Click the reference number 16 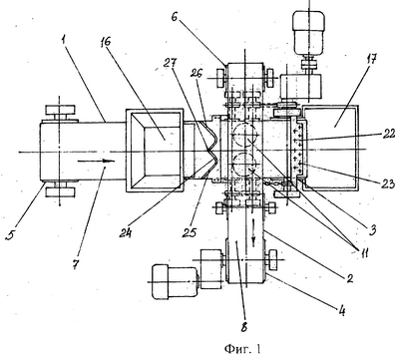[x=106, y=43]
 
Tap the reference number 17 [x=371, y=60]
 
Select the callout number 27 [x=171, y=64]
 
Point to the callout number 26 [x=197, y=74]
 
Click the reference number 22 [x=387, y=134]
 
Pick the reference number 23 [x=388, y=183]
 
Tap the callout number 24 [x=126, y=233]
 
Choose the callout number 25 [x=190, y=232]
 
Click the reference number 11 [x=362, y=253]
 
